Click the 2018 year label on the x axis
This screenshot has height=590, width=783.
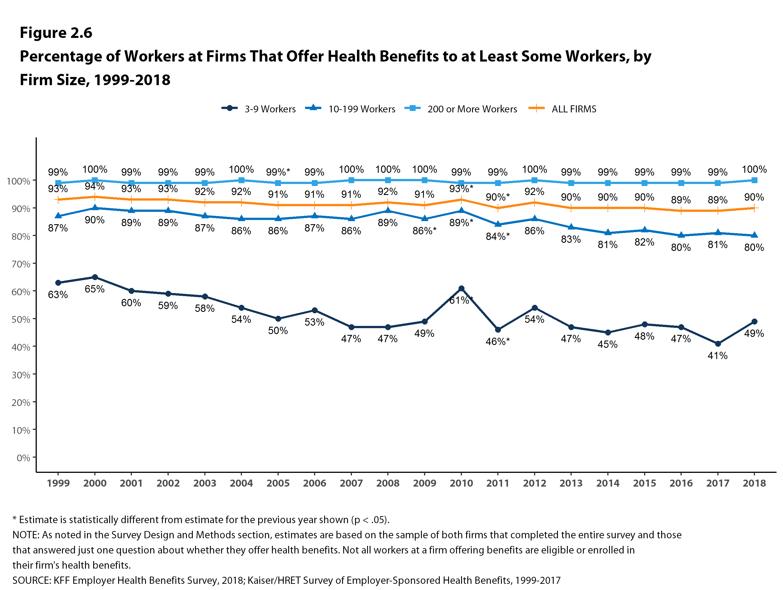(754, 483)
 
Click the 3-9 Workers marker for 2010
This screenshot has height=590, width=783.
(461, 289)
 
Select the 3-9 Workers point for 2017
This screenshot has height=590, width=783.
(718, 344)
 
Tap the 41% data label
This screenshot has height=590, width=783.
(718, 355)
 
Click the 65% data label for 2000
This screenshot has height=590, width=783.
(95, 289)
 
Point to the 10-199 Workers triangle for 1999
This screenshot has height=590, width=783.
(58, 216)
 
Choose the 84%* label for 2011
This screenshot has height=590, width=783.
(497, 236)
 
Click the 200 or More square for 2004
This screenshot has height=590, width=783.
(241, 180)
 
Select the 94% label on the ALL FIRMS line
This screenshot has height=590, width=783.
(95, 186)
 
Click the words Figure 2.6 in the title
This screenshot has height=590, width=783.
(56, 33)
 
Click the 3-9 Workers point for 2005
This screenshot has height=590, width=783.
(278, 319)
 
